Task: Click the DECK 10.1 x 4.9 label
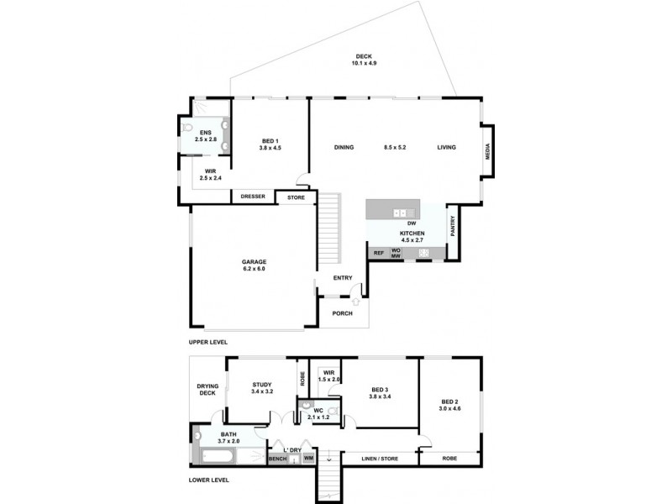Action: (363, 60)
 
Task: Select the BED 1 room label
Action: (270, 144)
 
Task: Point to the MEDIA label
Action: (487, 151)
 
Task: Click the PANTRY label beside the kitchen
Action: (452, 226)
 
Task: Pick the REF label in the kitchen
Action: (378, 252)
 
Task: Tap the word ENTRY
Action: (342, 278)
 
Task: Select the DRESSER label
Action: (253, 197)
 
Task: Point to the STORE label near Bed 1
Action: (296, 197)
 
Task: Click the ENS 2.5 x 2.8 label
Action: (205, 136)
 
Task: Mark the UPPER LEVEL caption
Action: (208, 342)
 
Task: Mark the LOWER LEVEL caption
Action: (208, 480)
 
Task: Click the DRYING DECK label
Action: (207, 390)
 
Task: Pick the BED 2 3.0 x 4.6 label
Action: (450, 405)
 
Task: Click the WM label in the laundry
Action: (308, 459)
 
